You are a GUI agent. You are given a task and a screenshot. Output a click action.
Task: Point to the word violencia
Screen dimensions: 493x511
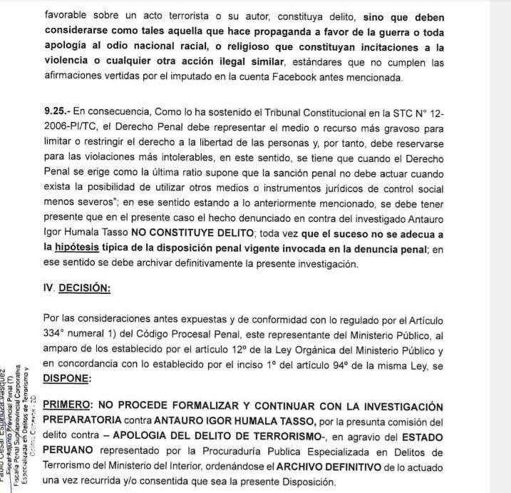click(69, 63)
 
